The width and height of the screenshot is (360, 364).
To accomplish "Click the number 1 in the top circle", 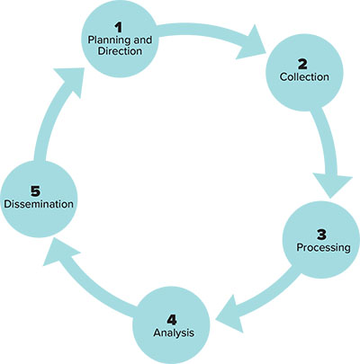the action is (x=119, y=28).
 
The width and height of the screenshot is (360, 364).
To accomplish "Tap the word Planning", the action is (x=107, y=40).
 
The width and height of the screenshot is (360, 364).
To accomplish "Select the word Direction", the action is (x=120, y=50).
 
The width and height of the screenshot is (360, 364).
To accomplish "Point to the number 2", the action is (x=303, y=65).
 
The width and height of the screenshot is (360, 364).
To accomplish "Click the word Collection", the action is (x=304, y=76).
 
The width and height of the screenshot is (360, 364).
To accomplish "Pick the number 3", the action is (x=321, y=235).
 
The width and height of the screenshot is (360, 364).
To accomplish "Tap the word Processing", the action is (x=323, y=247).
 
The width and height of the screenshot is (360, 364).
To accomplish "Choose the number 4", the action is (x=172, y=320).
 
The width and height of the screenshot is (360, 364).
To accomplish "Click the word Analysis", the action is (x=174, y=333).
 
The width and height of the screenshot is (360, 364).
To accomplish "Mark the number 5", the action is (x=35, y=191).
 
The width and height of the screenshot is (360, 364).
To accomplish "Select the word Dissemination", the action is (x=39, y=204).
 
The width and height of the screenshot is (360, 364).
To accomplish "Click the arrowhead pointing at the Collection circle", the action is (x=252, y=43).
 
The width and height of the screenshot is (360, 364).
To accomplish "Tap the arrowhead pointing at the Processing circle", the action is (x=331, y=184).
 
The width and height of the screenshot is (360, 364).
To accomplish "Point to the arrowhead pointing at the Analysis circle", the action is (x=231, y=315).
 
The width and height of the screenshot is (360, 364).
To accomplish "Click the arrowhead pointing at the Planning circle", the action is (x=70, y=81).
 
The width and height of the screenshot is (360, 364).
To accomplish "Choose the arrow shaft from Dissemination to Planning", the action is (x=48, y=126).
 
